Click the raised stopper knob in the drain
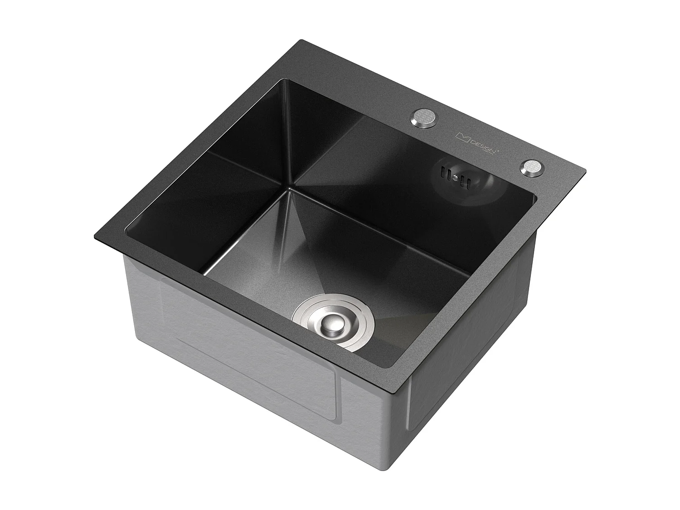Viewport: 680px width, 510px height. tap(332, 324)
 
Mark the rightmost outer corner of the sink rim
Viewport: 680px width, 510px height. tap(585, 171)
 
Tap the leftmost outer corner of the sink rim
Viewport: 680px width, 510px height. tap(94, 235)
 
